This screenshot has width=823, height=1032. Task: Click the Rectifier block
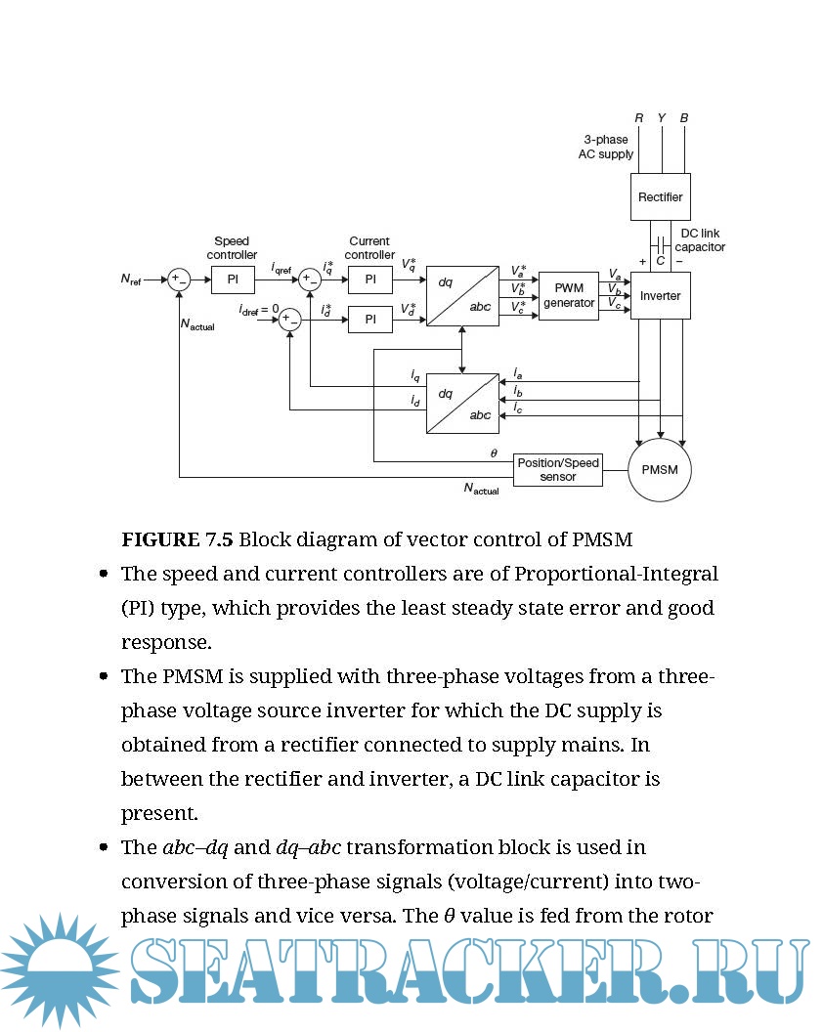(x=660, y=197)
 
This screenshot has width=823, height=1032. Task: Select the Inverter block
(x=660, y=295)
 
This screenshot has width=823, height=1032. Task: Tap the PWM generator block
(x=568, y=295)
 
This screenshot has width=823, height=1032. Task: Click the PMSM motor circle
(x=659, y=470)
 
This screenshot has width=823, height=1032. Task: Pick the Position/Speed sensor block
(x=557, y=470)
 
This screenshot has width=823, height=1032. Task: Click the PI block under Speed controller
(x=233, y=279)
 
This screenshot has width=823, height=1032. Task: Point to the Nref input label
(x=131, y=280)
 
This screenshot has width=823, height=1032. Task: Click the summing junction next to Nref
(x=178, y=279)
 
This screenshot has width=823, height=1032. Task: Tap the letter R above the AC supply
(x=638, y=118)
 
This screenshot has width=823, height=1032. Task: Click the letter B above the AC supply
(x=683, y=118)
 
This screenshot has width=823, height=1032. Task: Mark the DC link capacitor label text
(x=700, y=240)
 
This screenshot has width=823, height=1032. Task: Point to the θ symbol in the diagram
(x=494, y=453)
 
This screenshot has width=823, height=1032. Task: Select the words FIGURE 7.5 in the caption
(x=177, y=538)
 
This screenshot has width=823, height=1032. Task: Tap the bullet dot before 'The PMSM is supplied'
(x=104, y=676)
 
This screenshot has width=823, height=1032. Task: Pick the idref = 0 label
(x=258, y=309)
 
